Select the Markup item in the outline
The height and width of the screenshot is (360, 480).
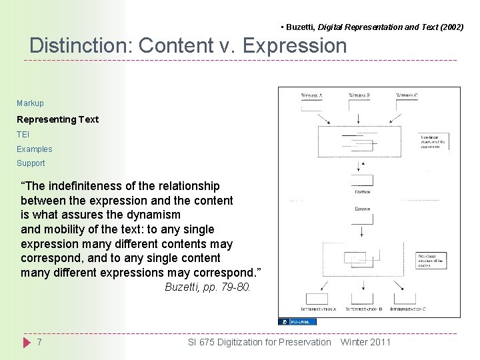click(30, 103)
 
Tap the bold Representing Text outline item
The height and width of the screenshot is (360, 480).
click(57, 119)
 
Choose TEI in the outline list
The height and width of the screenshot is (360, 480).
click(23, 135)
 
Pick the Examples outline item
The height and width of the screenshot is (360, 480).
click(35, 149)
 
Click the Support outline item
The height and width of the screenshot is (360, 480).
click(31, 163)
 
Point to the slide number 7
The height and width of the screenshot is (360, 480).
click(39, 342)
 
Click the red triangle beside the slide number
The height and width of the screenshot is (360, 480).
click(27, 343)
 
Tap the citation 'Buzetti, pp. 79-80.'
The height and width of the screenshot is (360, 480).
click(207, 287)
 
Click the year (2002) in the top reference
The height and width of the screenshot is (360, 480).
click(451, 27)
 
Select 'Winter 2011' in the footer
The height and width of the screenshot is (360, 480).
click(365, 342)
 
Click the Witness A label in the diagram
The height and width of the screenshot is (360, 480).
click(312, 95)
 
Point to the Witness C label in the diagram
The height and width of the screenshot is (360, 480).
click(407, 95)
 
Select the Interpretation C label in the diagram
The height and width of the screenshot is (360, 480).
click(408, 309)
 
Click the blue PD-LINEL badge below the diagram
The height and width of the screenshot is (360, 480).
click(297, 321)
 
